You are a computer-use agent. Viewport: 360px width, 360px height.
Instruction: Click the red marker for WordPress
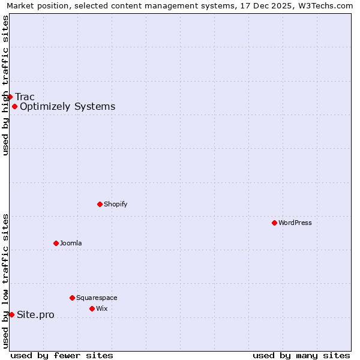click(274, 223)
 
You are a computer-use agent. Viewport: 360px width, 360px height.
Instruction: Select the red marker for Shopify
click(100, 204)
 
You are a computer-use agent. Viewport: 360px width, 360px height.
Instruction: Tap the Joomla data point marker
click(56, 243)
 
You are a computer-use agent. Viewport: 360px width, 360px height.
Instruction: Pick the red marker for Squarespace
click(72, 298)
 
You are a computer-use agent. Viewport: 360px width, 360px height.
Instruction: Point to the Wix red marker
click(92, 308)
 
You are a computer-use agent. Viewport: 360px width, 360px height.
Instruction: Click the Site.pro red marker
click(11, 314)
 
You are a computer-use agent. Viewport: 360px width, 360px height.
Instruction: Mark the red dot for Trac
click(10, 97)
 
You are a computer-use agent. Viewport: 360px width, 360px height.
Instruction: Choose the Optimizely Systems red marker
click(14, 106)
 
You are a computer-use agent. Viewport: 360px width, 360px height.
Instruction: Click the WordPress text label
click(295, 223)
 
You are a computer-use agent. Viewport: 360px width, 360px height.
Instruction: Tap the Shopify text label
click(116, 204)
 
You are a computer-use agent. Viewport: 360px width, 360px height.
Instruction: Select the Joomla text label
click(71, 243)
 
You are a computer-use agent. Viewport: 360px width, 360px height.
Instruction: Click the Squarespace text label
click(97, 298)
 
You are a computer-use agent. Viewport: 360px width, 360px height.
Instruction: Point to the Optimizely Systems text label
click(68, 107)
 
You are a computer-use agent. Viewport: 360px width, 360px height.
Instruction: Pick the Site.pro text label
click(35, 315)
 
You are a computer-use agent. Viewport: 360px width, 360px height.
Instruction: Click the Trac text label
click(25, 97)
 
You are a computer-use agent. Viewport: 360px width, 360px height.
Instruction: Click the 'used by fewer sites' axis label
click(62, 355)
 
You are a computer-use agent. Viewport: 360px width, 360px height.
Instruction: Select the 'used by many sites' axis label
click(301, 355)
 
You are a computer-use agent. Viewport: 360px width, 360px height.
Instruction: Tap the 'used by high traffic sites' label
click(5, 85)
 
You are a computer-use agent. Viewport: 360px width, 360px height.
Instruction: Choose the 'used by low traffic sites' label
click(5, 281)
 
